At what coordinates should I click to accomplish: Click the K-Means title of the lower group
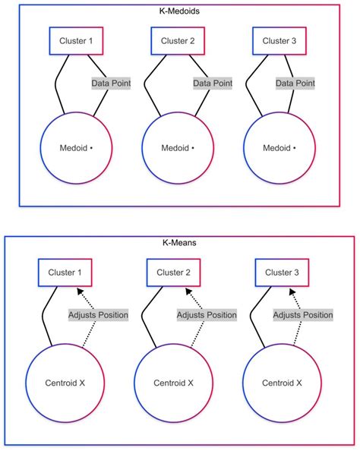pos(179,244)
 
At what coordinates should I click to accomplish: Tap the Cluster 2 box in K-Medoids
pos(178,41)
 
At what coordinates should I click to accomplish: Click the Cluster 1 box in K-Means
pos(65,272)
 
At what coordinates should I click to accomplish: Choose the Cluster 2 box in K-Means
pos(173,272)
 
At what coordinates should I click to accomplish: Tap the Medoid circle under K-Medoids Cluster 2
pos(178,147)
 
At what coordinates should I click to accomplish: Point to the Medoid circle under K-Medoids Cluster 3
pos(280,147)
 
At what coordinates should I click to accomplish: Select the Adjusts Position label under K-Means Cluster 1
pos(98,314)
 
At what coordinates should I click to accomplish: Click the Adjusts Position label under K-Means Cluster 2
pos(206,314)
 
